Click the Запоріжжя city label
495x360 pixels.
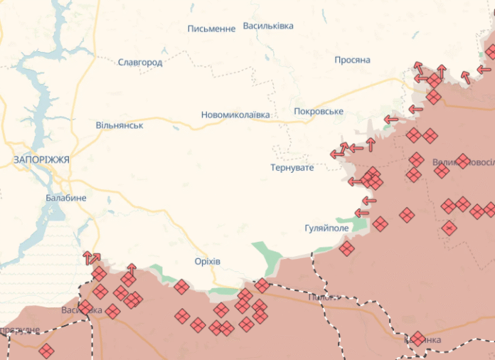tap(41, 160)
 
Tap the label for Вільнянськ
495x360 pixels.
tap(119, 125)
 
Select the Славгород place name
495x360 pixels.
tap(140, 63)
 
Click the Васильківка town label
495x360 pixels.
tap(268, 26)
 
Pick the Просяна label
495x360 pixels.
tap(353, 60)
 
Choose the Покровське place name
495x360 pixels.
tap(319, 112)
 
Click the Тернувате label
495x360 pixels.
tap(292, 168)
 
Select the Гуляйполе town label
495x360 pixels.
tap(327, 228)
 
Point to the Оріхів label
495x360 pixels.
tap(208, 261)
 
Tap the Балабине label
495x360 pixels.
tap(66, 197)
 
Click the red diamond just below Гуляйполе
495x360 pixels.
tap(346, 248)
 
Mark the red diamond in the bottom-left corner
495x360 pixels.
tap(46, 351)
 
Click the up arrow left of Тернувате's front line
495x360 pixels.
tap(371, 144)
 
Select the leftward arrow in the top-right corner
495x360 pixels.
tap(484, 70)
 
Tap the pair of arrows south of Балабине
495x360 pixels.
tap(91, 258)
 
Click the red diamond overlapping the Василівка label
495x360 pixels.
tap(85, 308)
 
